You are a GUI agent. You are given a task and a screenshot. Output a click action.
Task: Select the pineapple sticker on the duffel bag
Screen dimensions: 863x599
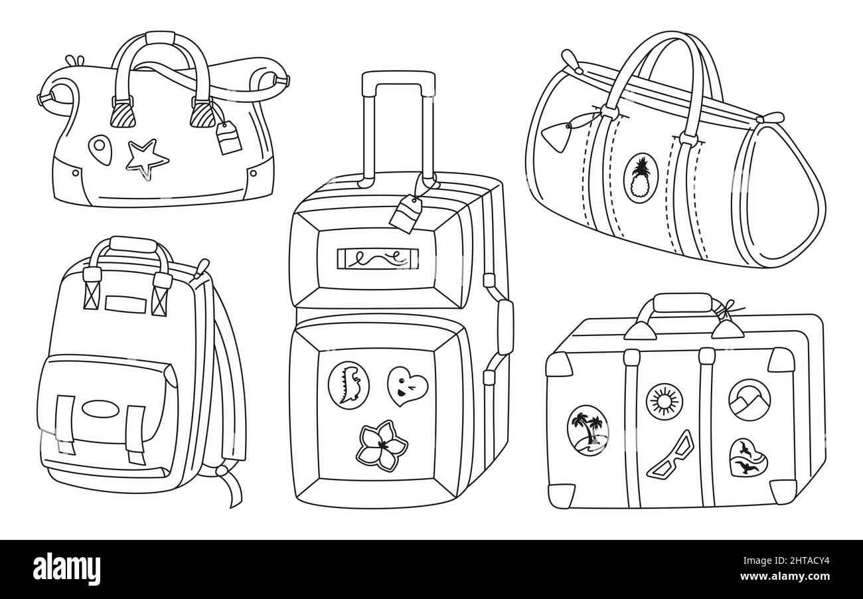641,178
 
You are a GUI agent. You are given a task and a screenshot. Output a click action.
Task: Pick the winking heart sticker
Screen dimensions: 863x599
406,385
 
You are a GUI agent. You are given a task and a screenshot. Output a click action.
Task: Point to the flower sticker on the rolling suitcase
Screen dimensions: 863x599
382,446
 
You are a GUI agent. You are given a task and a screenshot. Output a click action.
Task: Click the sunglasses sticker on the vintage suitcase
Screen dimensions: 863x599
670,455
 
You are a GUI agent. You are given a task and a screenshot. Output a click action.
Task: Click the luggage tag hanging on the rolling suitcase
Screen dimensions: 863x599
406,213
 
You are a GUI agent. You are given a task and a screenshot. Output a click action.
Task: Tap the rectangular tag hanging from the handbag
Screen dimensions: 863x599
228,137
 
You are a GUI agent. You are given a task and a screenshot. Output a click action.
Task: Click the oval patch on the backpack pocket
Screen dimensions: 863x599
100,409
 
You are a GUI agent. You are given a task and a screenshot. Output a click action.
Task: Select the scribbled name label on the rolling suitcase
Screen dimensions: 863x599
378,259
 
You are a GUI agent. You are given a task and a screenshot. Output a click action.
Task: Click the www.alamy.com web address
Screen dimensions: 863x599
785,576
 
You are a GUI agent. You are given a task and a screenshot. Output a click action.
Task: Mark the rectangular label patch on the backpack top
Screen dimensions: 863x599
126,304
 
